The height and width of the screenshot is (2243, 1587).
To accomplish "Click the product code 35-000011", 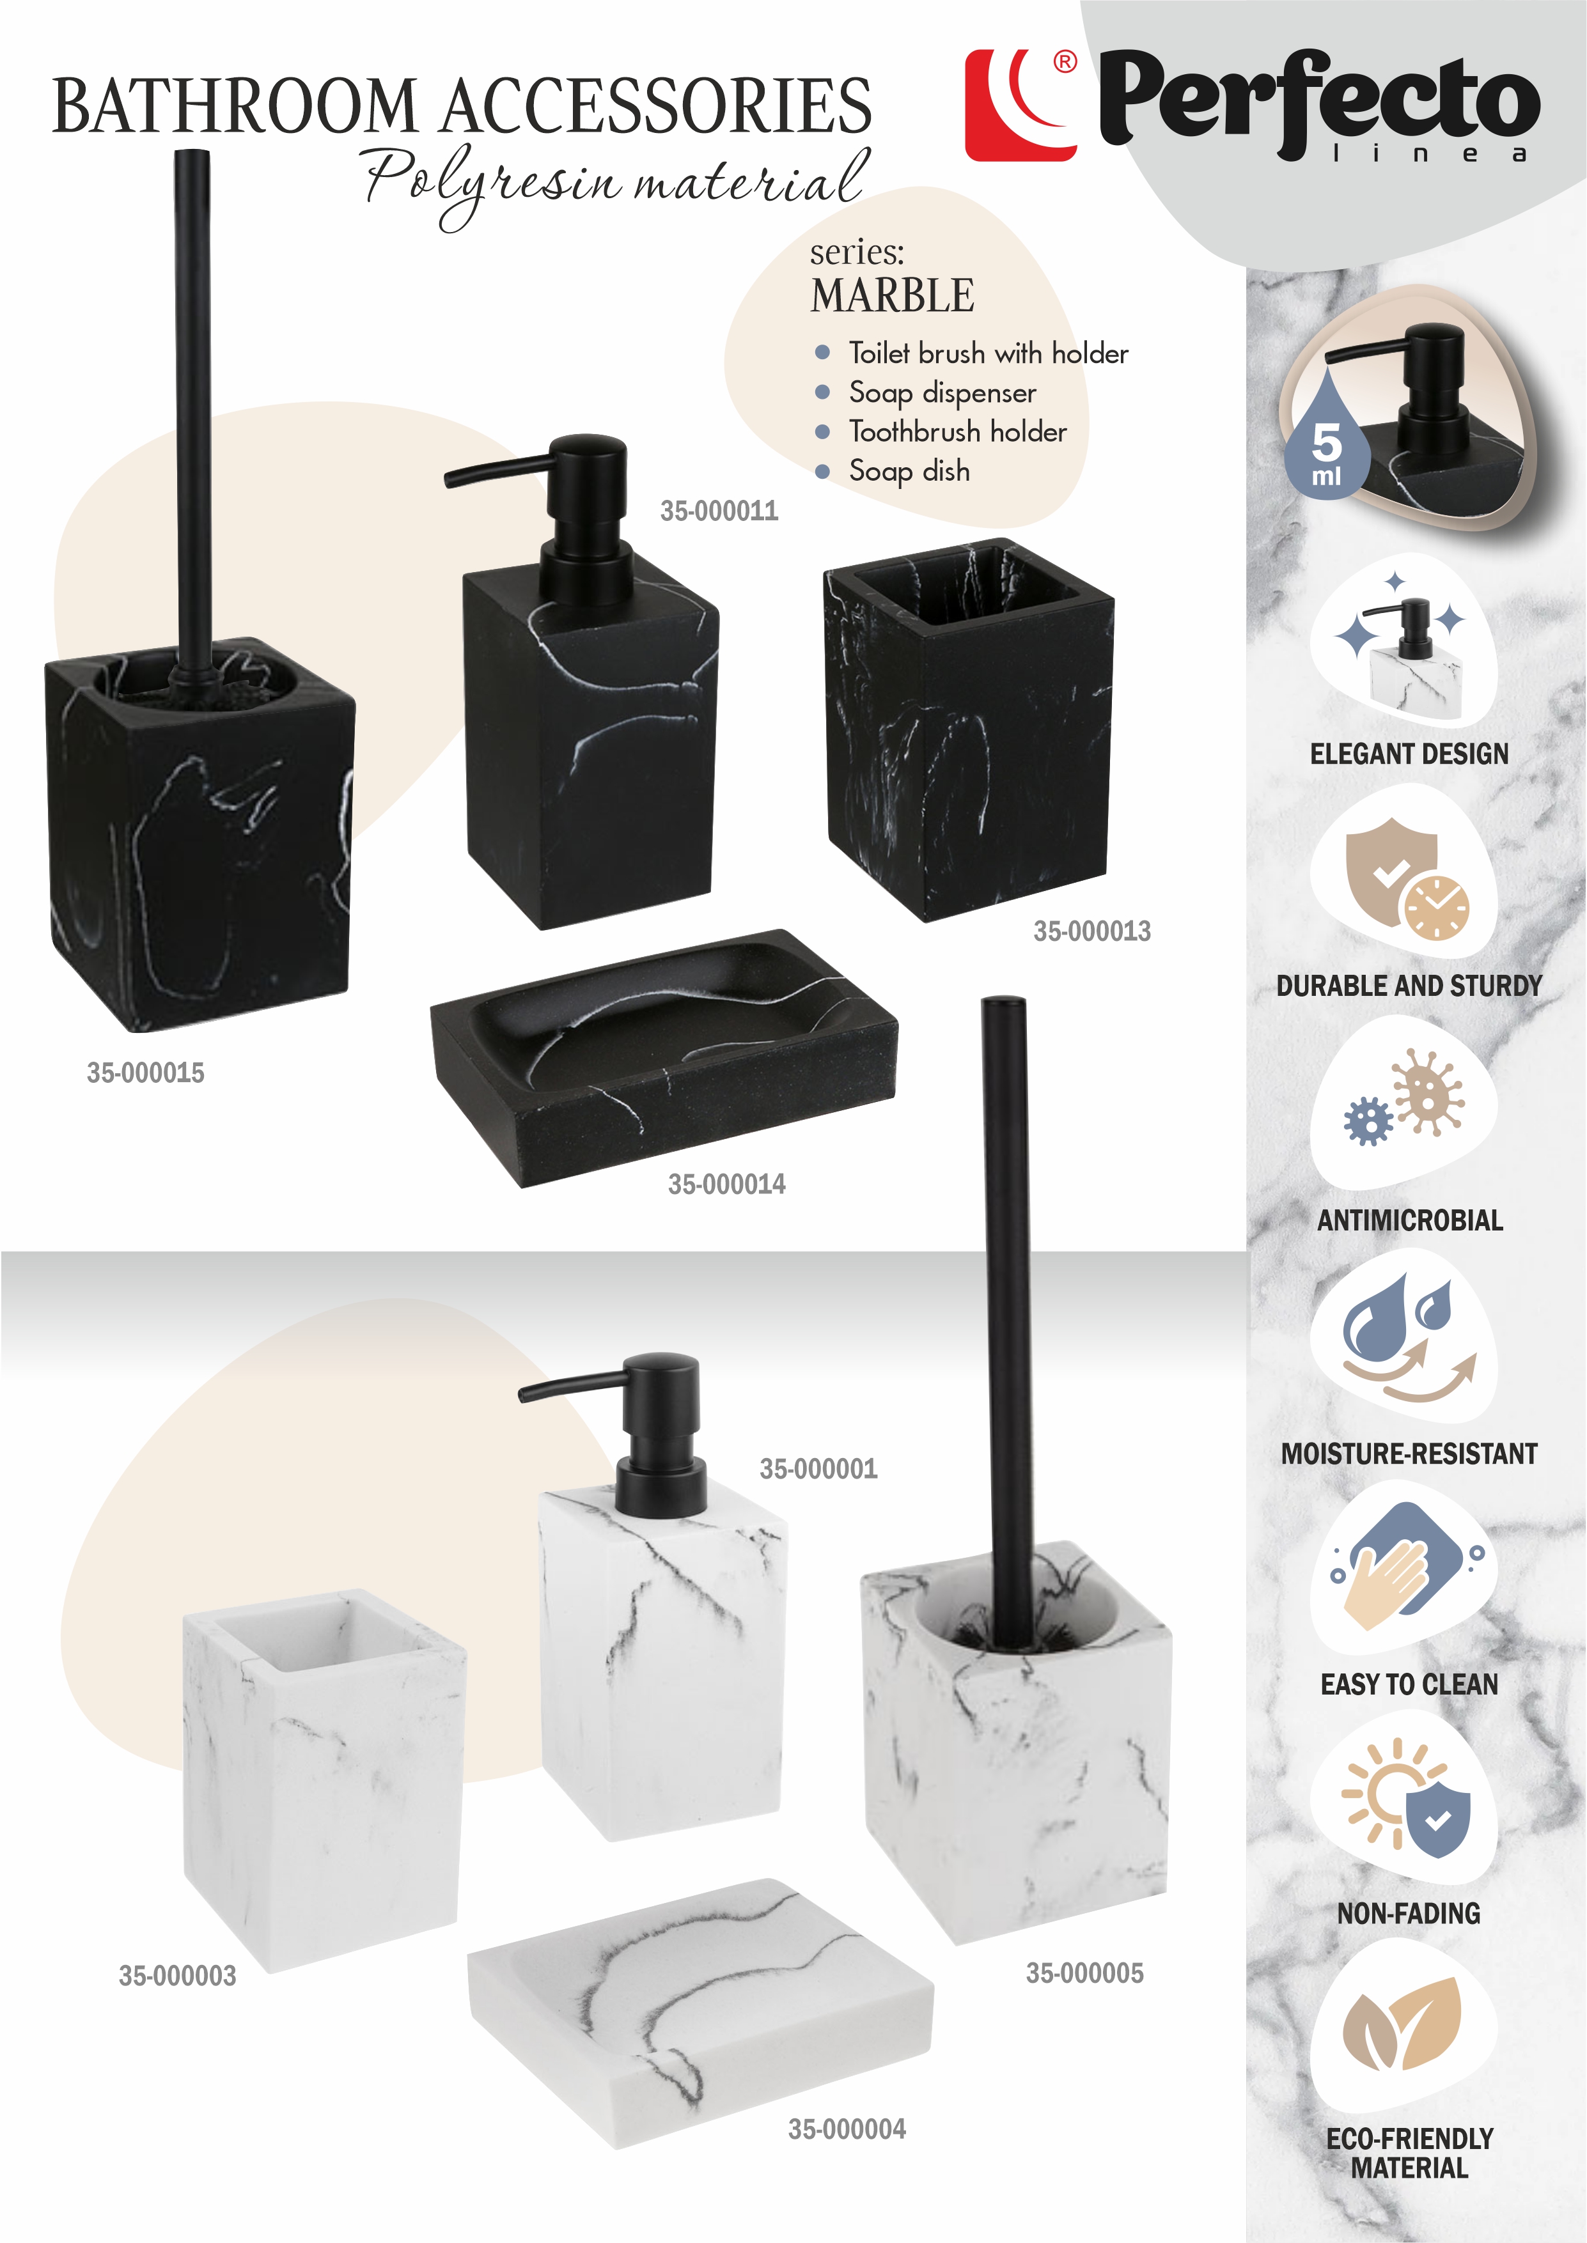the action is pos(719,511).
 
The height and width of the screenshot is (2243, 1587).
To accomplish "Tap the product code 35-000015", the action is pos(146,1073).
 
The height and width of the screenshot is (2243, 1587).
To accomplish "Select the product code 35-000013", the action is pos(1093,931).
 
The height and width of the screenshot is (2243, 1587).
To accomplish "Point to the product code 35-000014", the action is pos(727,1184).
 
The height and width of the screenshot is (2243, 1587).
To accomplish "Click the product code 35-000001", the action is pos(819,1468).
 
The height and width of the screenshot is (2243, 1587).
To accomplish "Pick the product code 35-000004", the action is pos(847,2129).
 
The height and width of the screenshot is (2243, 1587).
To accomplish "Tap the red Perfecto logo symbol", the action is pos(1021,105).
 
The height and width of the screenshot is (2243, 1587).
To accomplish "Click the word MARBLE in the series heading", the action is pos(892,295).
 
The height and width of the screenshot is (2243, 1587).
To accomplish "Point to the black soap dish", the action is pos(664,1058).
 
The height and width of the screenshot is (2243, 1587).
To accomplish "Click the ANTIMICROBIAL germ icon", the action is pos(1404,1097).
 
